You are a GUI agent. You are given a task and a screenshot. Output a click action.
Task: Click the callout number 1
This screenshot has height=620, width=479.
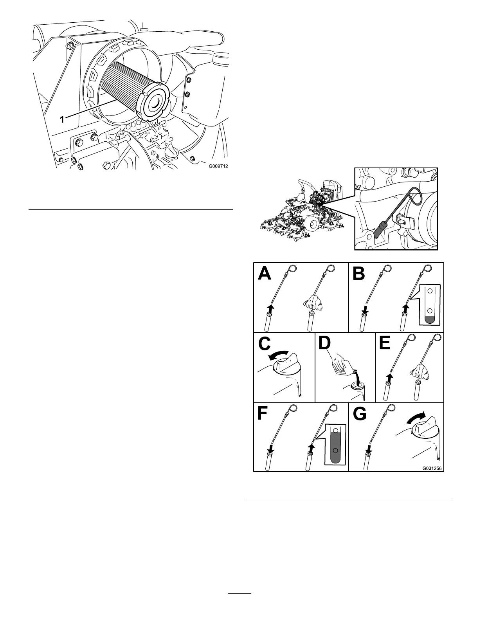click(x=62, y=120)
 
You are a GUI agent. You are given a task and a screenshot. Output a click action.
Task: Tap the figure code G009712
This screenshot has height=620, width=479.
click(x=218, y=166)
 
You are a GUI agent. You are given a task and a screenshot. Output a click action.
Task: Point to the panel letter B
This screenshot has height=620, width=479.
click(x=359, y=274)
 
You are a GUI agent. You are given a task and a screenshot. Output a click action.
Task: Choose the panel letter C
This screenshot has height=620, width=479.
click(x=265, y=344)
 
